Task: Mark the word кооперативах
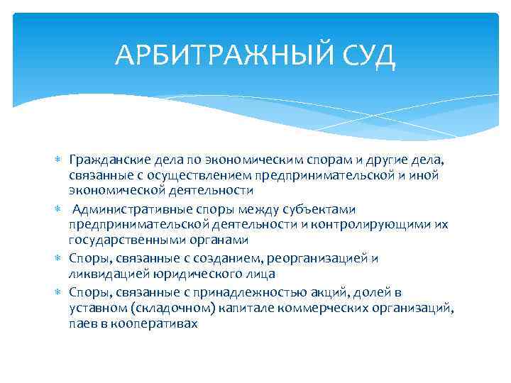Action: pos(149,323)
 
